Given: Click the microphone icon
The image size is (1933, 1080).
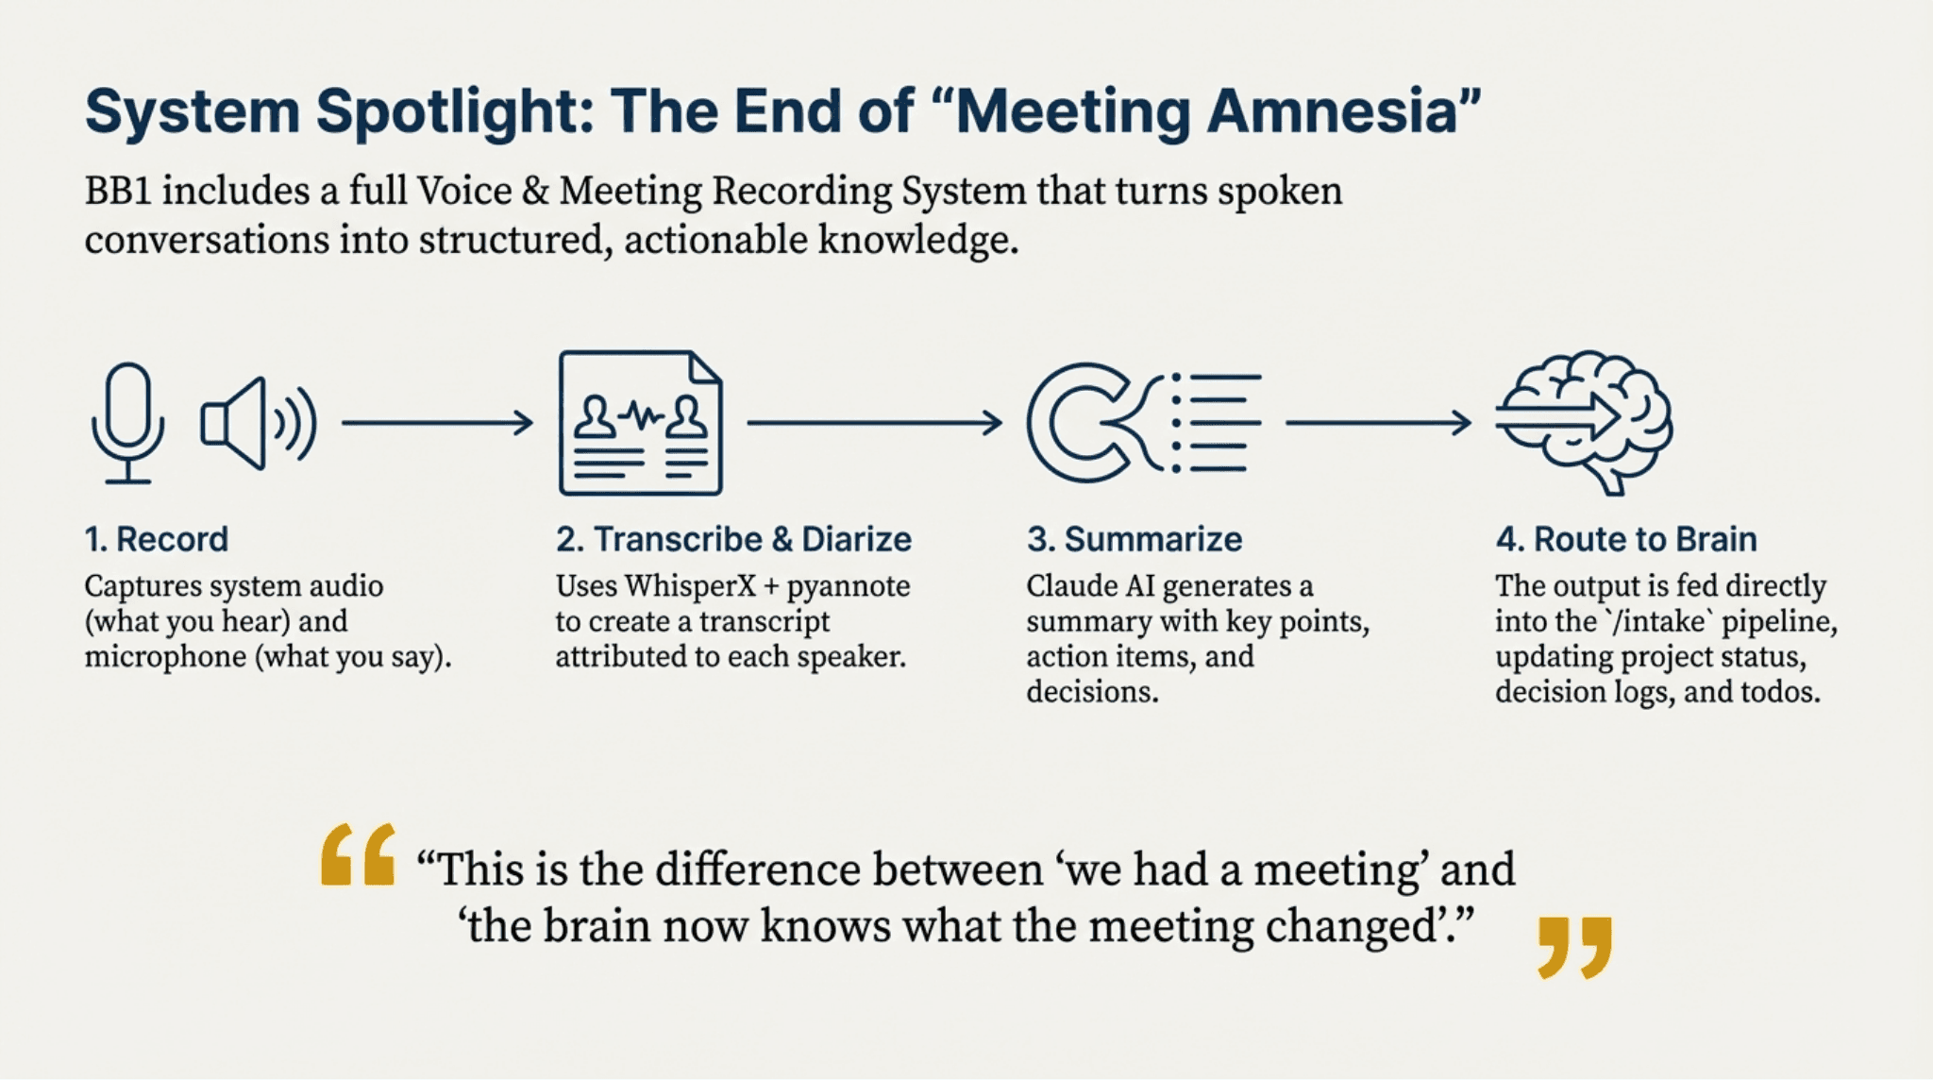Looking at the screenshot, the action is (128, 423).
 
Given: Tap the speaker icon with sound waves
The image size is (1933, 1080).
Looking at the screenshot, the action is (258, 423).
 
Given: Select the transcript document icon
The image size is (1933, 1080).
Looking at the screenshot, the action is (641, 423).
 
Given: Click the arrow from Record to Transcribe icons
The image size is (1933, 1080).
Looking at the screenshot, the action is (437, 423).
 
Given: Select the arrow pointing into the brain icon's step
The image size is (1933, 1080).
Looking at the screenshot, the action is (1378, 423).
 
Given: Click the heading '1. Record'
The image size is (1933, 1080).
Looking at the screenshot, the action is (157, 539).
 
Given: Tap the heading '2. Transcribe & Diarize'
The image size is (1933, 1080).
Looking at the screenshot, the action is (733, 539).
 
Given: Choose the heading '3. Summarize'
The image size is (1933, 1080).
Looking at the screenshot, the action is (1135, 539).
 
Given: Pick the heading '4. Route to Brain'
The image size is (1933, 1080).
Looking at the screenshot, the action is (1626, 539).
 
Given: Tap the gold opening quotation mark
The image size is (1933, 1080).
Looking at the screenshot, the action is (358, 854).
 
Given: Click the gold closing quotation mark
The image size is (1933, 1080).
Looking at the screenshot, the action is (1574, 947).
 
